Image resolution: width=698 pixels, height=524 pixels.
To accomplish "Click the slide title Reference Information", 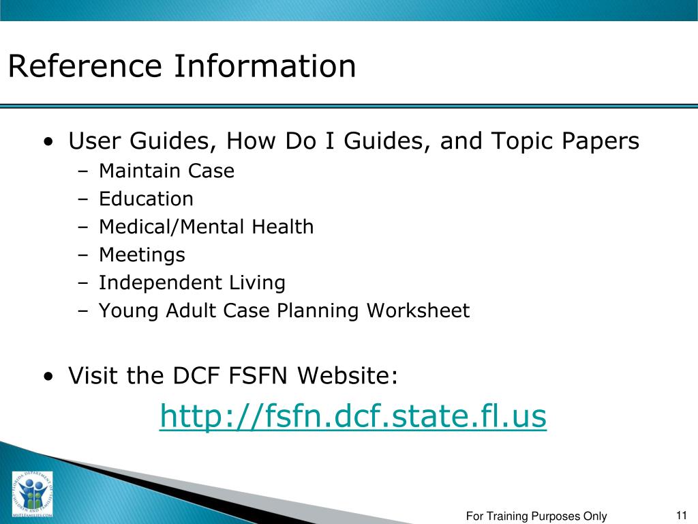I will point(182,67).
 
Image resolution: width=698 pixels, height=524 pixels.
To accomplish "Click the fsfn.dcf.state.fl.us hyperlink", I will point(353,416).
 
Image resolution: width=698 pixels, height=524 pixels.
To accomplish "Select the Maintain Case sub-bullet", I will point(166,171).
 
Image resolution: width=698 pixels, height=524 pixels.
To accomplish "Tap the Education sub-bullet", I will point(146,199).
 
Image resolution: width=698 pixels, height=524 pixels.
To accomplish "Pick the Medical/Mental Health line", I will point(206,227).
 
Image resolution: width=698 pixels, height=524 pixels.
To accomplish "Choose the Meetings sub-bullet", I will point(142,255).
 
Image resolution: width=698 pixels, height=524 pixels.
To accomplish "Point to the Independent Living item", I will point(192,283).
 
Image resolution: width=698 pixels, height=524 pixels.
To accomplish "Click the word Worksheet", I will point(418,311).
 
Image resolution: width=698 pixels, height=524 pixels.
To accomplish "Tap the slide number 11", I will point(681,515).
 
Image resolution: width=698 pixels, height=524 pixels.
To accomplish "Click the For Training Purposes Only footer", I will point(536,516).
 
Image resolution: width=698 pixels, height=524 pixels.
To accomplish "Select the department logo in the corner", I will point(31,495).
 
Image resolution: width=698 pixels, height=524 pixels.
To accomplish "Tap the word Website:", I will point(350,376).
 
